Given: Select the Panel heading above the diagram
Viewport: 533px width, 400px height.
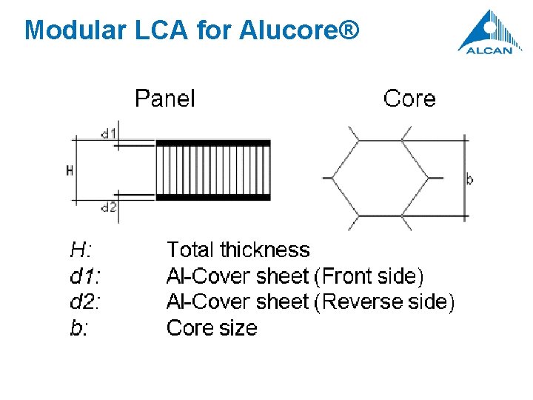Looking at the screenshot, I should pos(164,99).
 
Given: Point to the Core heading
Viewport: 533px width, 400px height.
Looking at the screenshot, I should pos(409,99).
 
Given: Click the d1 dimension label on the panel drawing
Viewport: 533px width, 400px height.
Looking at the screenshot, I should pos(109,134).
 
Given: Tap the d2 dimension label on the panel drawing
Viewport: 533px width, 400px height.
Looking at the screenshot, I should pos(109,207).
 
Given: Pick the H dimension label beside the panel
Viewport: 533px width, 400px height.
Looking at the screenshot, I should pos(70,170).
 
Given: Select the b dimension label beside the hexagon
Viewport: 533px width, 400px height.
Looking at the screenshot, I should pos(470,179).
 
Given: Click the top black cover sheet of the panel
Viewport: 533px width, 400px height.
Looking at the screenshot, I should pos(213,143).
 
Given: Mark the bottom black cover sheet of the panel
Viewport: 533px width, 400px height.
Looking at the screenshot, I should pos(213,197).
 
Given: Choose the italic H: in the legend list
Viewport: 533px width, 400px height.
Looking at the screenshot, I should pos(81,250).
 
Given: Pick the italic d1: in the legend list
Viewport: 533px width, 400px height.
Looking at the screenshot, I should pos(85,276).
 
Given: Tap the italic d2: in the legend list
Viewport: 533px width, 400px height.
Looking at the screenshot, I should pos(85,302).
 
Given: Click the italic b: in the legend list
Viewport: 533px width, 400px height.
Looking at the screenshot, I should pos(78,328).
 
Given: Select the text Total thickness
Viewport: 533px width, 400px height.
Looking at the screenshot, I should pos(238,250).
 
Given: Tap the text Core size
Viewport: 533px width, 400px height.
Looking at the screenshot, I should pos(212,328).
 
